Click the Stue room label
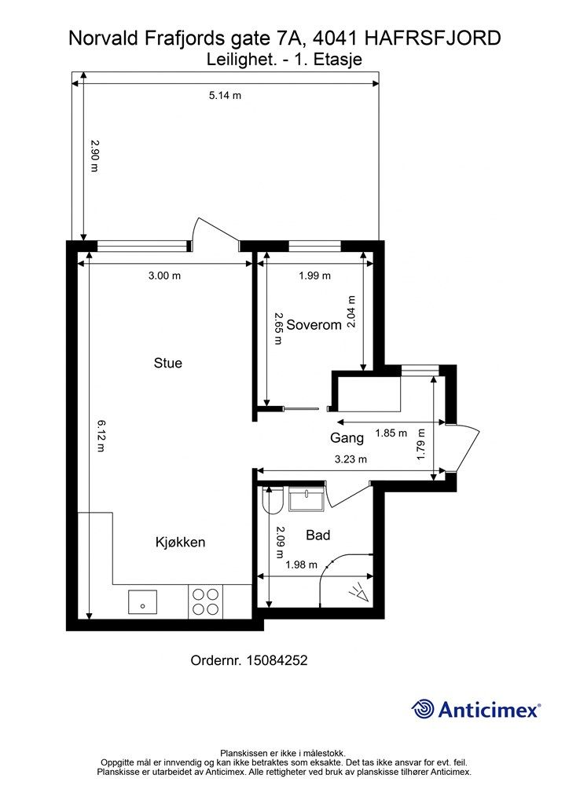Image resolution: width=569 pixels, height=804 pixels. [x=167, y=363]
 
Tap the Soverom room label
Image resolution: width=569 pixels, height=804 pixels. [x=314, y=324]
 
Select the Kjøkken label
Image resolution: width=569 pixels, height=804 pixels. [x=180, y=542]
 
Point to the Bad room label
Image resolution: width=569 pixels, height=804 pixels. [x=318, y=535]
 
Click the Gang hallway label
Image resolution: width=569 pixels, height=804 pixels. [x=347, y=438]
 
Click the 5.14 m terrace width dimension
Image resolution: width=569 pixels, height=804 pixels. [x=225, y=95]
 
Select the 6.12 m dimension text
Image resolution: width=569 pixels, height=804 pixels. [x=101, y=436]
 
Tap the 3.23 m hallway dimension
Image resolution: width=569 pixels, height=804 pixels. [x=351, y=459]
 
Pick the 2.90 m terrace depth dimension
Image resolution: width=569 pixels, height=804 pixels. [x=94, y=156]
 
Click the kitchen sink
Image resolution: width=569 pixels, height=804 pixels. [x=142, y=602]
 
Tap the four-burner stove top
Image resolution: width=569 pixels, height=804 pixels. [x=205, y=601]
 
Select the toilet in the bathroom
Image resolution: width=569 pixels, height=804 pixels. [x=272, y=500]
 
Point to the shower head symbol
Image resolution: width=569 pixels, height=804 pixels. [x=360, y=594]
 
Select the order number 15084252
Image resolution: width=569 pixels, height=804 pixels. [x=277, y=660]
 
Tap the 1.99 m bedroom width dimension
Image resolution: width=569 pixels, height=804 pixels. [x=315, y=276]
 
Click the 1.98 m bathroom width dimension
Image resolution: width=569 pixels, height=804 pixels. [x=301, y=565]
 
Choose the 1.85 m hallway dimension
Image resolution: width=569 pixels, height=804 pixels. [x=391, y=433]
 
